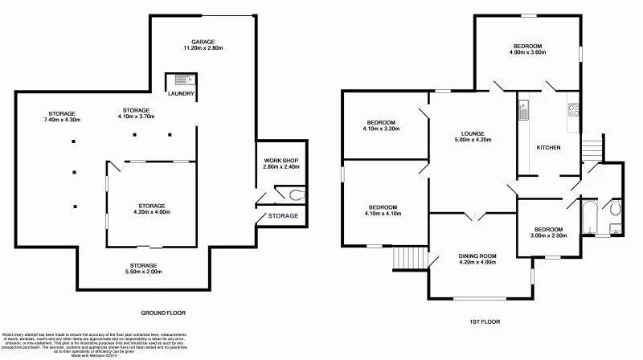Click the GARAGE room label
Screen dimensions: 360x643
pyautogui.click(x=201, y=41)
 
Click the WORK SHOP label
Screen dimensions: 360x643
pyautogui.click(x=281, y=161)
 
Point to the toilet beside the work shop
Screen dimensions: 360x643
pyautogui.click(x=295, y=193)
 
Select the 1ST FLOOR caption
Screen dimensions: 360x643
pyautogui.click(x=484, y=321)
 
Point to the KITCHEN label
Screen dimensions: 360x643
pyautogui.click(x=548, y=148)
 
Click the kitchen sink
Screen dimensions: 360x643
pyautogui.click(x=522, y=109)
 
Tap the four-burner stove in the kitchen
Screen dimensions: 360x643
pyautogui.click(x=573, y=111)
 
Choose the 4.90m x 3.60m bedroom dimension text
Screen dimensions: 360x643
pyautogui.click(x=527, y=53)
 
